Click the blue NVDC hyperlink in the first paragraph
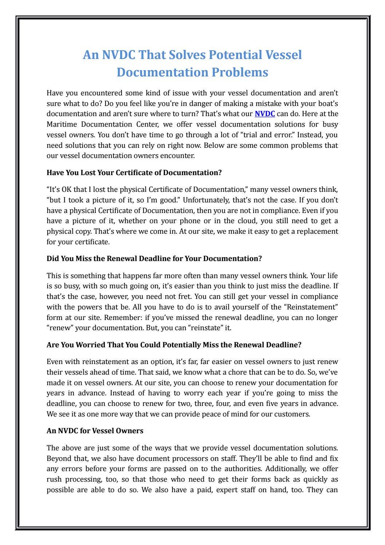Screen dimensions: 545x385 (x=265, y=114)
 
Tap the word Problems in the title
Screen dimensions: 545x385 (x=240, y=72)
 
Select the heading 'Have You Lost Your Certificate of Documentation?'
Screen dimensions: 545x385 (x=134, y=173)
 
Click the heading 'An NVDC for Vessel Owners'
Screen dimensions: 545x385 (x=95, y=431)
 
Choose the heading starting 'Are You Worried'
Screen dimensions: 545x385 (x=174, y=344)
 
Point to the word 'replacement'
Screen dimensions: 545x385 (x=317, y=231)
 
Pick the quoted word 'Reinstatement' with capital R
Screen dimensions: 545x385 (x=314, y=307)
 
